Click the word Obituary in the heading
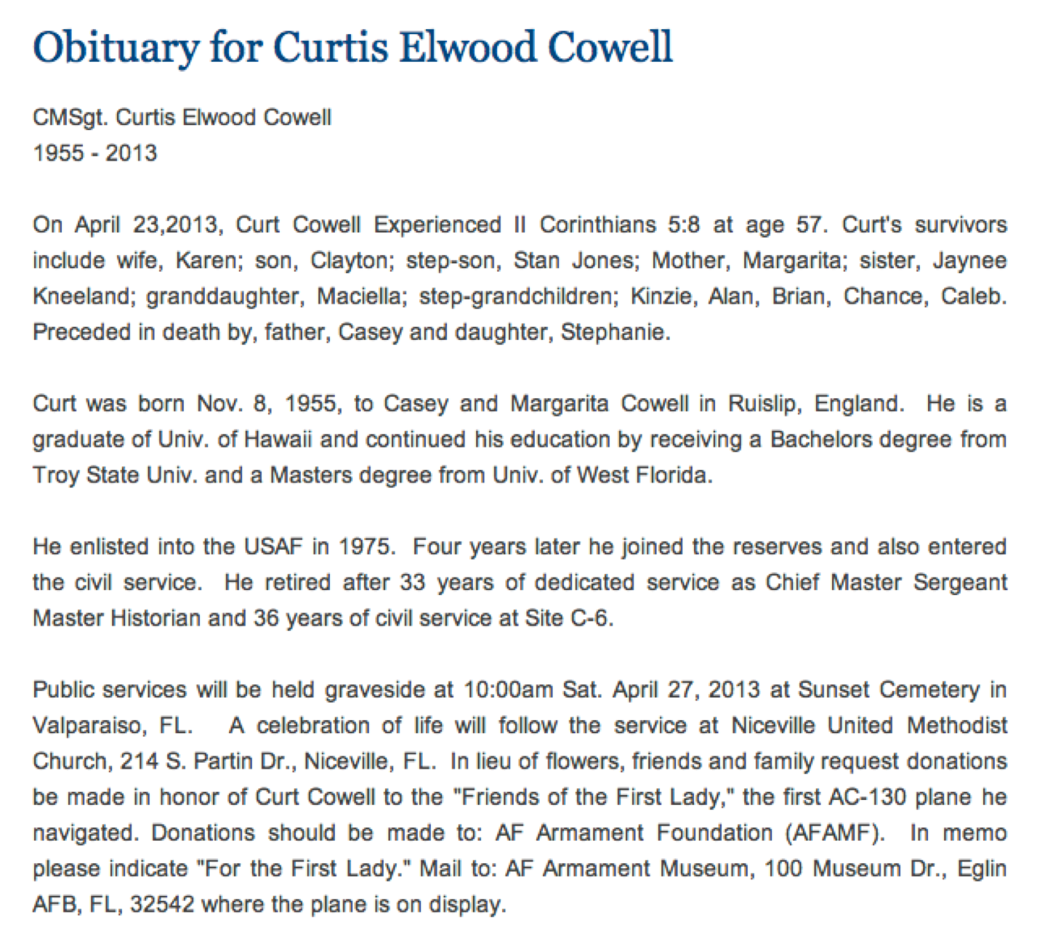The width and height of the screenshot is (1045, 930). pyautogui.click(x=115, y=48)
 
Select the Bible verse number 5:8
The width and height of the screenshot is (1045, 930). pyautogui.click(x=683, y=225)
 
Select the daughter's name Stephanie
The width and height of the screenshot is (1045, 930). pyautogui.click(x=614, y=332)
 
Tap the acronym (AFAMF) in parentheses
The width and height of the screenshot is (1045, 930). pyautogui.click(x=834, y=832)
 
